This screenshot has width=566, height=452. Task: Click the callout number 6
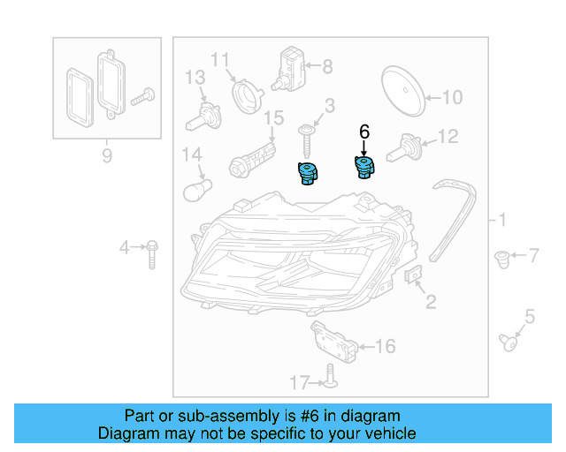pos(363,131)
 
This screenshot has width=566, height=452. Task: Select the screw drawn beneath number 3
pos(307,137)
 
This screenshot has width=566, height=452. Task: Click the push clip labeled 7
pos(502,259)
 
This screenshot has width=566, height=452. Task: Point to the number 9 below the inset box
pos(107,157)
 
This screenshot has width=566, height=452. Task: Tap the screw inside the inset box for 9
pos(141,97)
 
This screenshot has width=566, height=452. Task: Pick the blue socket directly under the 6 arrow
pos(363,166)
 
